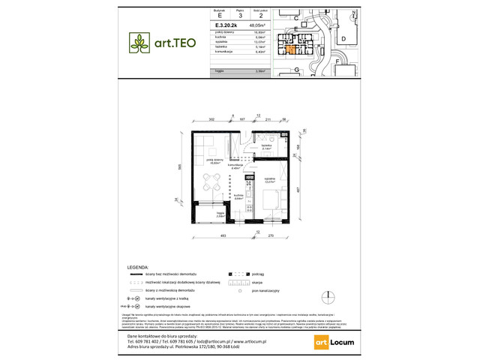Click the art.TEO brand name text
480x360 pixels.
[x=175, y=43]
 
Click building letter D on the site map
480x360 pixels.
[x=343, y=37]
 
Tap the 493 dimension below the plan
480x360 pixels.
[x=223, y=236]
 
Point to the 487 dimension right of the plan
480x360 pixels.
[x=298, y=190]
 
